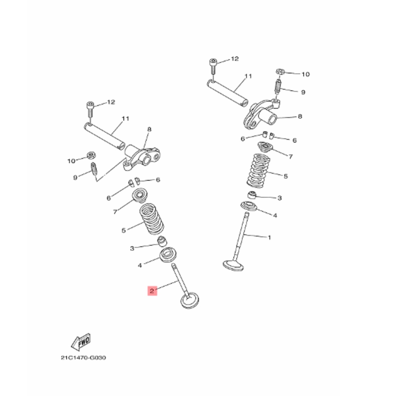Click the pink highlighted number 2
tap(152, 291)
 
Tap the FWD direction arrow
tap(81, 342)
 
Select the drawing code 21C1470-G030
tap(84, 358)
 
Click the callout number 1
tap(270, 237)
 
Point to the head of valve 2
tap(190, 300)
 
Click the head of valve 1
tap(233, 265)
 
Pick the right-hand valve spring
tap(258, 171)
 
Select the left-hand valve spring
tap(152, 219)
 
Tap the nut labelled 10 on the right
tap(280, 72)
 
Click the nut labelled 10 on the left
tap(90, 155)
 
